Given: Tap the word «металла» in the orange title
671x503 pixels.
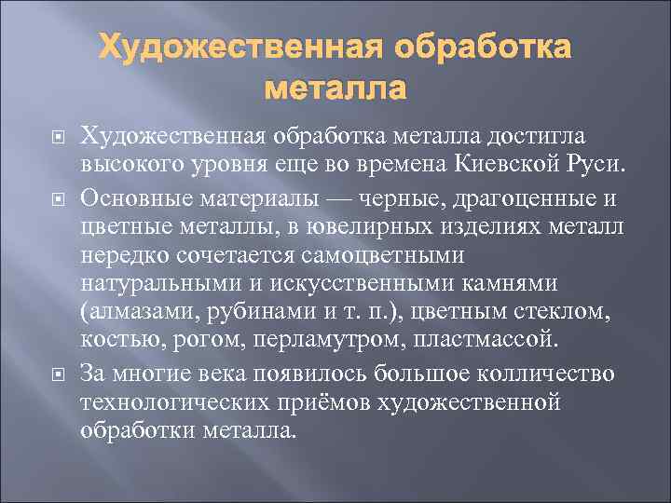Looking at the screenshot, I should click(x=335, y=89).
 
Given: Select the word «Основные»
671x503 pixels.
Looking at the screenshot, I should click(x=136, y=197).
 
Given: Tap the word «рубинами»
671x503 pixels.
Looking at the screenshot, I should click(x=254, y=309).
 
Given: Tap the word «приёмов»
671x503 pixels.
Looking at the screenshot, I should click(x=340, y=401).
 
